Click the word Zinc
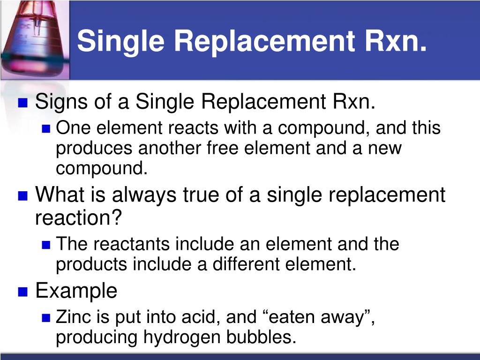tap(69, 317)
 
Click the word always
tap(149, 194)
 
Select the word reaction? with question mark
tap(79, 217)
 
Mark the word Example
tap(76, 291)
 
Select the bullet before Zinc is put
tap(45, 318)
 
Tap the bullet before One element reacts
tap(45, 128)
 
